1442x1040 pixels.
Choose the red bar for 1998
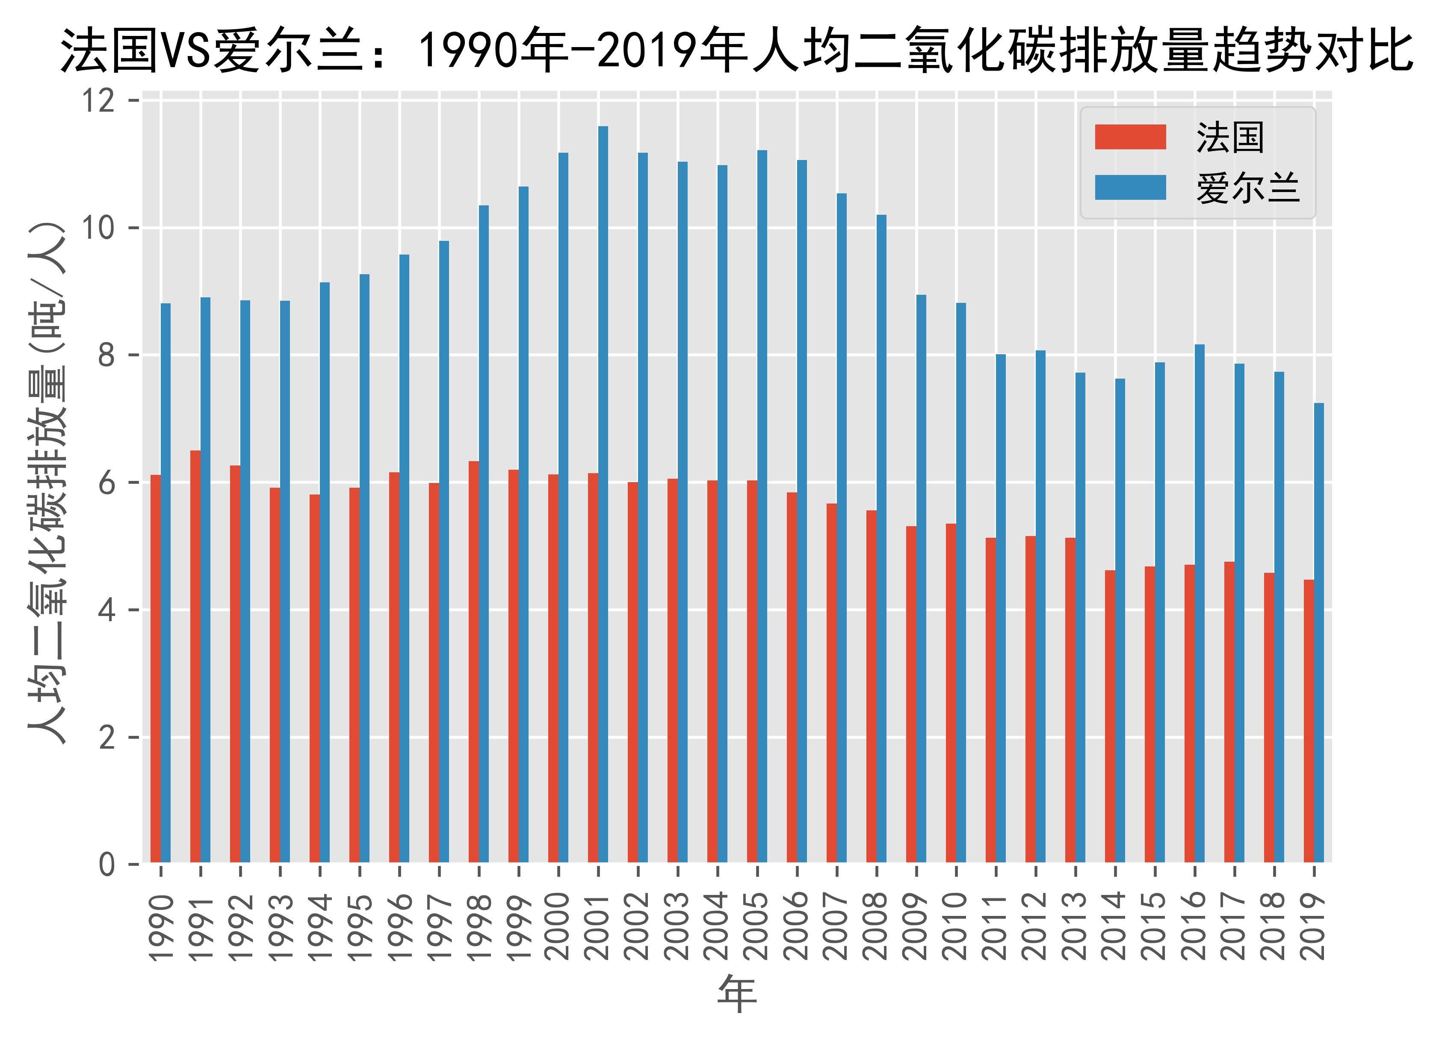coord(474,661)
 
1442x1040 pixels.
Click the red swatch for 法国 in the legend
coord(1130,137)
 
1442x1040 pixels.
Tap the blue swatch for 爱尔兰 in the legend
coord(1130,188)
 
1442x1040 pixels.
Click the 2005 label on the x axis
coord(756,925)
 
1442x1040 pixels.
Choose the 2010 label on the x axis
coord(956,925)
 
